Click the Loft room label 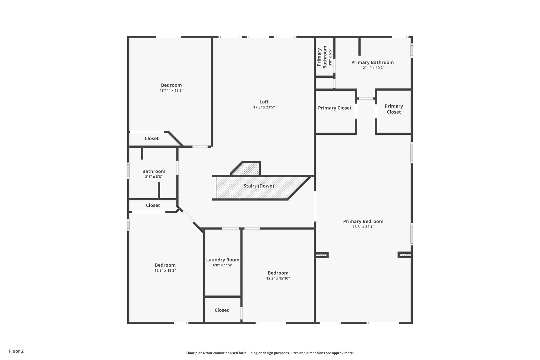pyautogui.click(x=264, y=102)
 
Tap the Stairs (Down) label pyautogui.click(x=259, y=186)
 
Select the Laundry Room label pyautogui.click(x=223, y=260)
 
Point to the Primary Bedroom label pyautogui.click(x=363, y=221)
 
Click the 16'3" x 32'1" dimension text pyautogui.click(x=363, y=227)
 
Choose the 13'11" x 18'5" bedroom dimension pyautogui.click(x=171, y=91)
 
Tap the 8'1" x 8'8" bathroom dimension pyautogui.click(x=154, y=177)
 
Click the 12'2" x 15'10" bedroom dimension pyautogui.click(x=278, y=278)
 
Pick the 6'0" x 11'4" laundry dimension pyautogui.click(x=223, y=265)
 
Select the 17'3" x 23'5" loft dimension pyautogui.click(x=264, y=107)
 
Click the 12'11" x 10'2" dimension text pyautogui.click(x=372, y=68)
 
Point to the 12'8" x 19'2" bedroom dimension pyautogui.click(x=165, y=271)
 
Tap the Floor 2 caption pyautogui.click(x=16, y=351)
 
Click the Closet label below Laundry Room pyautogui.click(x=222, y=310)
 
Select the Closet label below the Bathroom pyautogui.click(x=153, y=205)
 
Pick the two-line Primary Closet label pyautogui.click(x=394, y=109)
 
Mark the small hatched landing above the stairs pyautogui.click(x=247, y=169)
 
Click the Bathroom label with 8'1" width pyautogui.click(x=154, y=171)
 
